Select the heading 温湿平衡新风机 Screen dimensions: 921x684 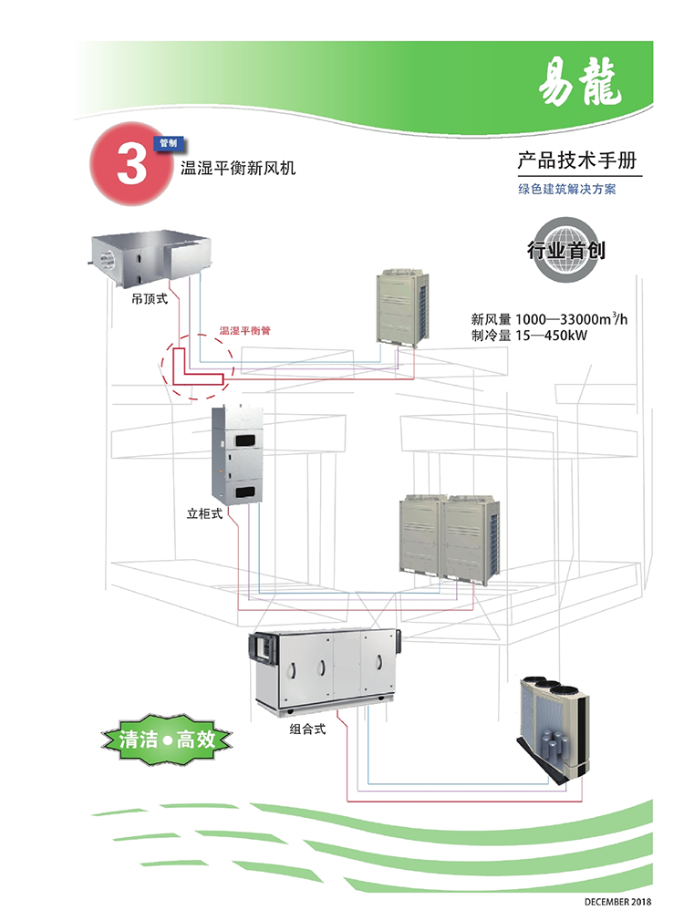(x=238, y=170)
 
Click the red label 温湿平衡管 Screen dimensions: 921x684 (x=244, y=332)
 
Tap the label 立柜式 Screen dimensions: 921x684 (x=204, y=513)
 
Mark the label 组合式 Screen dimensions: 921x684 (x=307, y=729)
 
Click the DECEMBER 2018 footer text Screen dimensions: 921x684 (x=619, y=902)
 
